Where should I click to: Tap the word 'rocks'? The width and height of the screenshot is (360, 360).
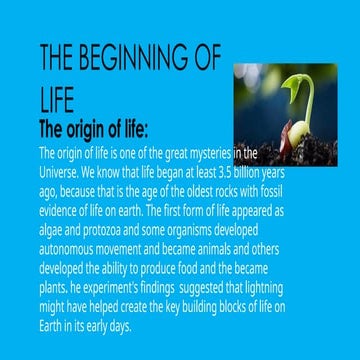click(231, 191)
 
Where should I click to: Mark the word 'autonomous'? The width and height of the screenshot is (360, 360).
click(67, 250)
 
